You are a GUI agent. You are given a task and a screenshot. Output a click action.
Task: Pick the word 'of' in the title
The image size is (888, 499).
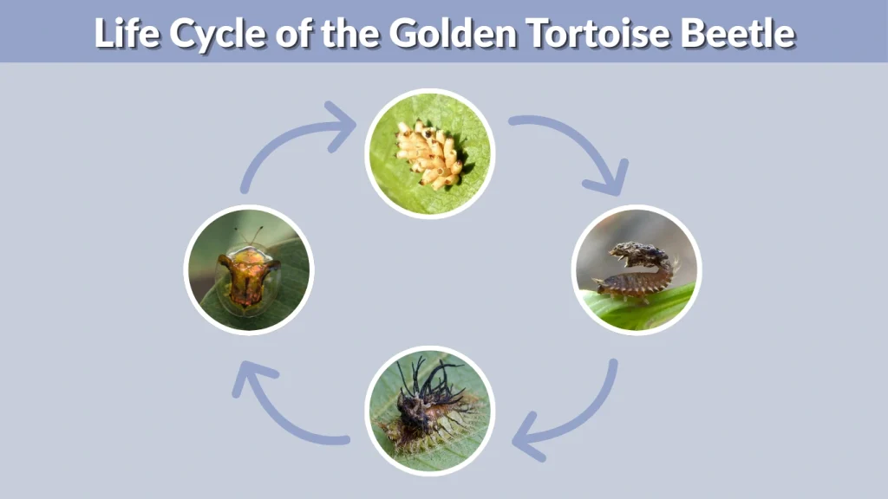tap(297, 33)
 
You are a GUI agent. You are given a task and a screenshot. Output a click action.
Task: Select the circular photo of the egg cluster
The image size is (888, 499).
tap(429, 153)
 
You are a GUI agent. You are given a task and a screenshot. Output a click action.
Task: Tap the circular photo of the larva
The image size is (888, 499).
tap(637, 269)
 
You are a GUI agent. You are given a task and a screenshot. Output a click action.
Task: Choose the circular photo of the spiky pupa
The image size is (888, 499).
tap(429, 410)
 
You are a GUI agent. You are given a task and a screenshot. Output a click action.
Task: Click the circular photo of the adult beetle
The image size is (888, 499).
tap(249, 269)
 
